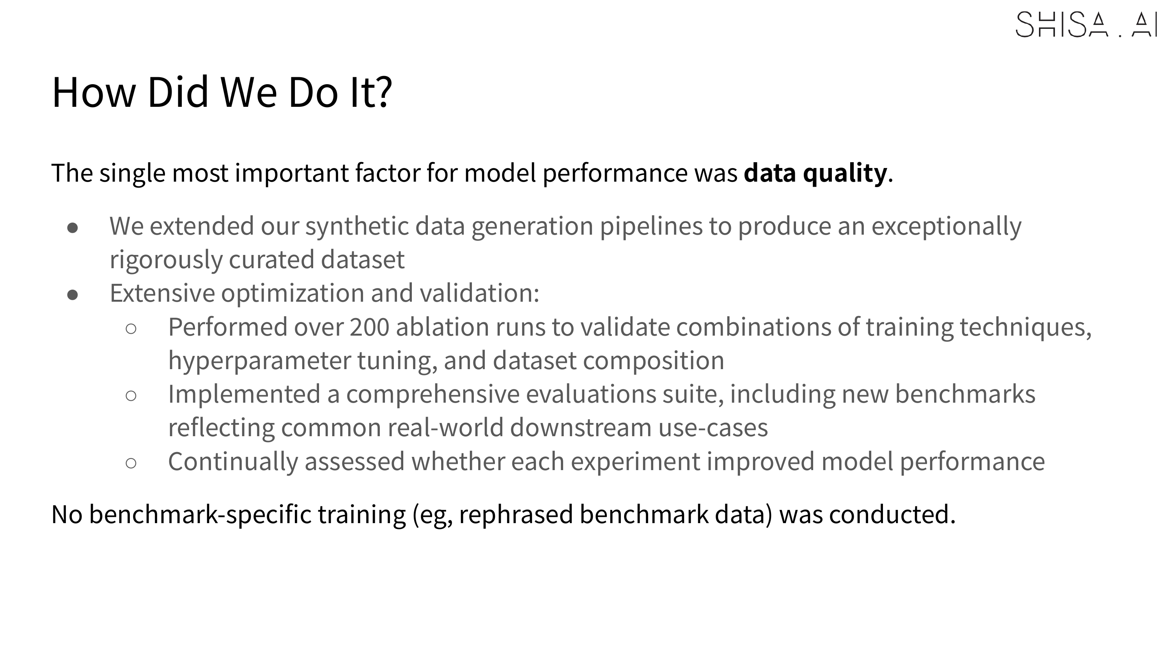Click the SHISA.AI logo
1086,25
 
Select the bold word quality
845,173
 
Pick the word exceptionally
947,226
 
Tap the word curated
271,260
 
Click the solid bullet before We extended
73,228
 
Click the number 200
369,327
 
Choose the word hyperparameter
259,361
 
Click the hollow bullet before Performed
131,329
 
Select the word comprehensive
433,394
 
